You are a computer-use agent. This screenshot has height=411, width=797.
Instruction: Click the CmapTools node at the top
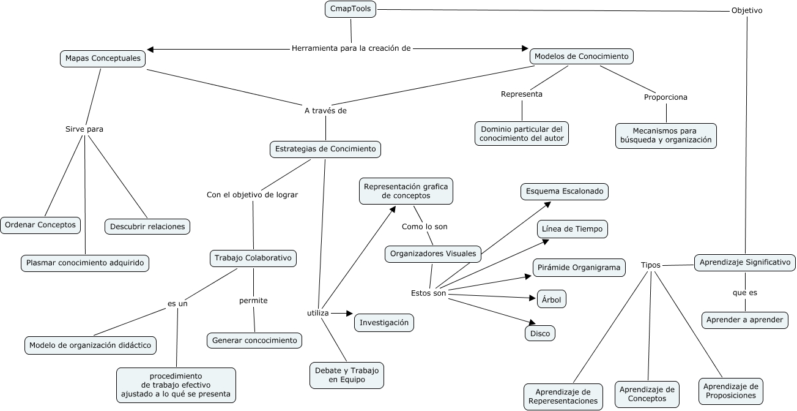coord(350,9)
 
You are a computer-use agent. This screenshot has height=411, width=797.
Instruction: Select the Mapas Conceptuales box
coord(103,59)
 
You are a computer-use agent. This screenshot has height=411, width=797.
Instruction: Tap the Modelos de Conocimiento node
coord(581,56)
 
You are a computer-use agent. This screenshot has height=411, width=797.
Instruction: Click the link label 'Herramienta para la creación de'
coord(350,48)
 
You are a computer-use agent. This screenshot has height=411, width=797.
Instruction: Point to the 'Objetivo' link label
coord(747,10)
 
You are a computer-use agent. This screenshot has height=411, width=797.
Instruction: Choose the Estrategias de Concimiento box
coord(325,149)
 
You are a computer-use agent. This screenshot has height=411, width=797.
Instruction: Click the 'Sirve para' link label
coord(84,129)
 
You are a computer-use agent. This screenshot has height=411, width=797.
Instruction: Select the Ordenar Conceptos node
coord(40,225)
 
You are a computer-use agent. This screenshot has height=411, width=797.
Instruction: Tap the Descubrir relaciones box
coord(147,227)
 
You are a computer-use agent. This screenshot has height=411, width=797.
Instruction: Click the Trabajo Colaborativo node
coord(253,258)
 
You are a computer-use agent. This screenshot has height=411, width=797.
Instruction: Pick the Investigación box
coord(384,323)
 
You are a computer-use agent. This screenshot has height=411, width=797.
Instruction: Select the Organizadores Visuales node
coord(433,254)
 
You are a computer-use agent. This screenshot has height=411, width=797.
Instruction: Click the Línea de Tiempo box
coord(573,229)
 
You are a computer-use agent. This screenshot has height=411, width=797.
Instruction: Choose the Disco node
coord(540,334)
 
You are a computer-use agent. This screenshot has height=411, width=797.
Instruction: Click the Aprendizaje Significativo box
coord(745,262)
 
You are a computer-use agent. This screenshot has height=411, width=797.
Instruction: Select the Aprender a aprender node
coord(744,320)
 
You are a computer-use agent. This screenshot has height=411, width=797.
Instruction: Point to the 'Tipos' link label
coord(651,265)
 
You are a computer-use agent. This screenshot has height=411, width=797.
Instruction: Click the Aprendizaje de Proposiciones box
coord(731,391)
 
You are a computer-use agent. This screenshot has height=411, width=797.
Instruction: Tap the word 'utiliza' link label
coord(318,313)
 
